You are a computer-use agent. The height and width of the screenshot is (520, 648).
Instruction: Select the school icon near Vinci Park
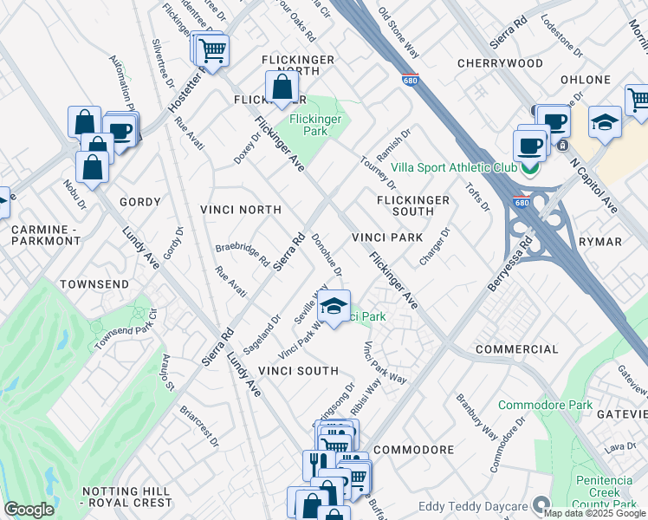coord(334,306)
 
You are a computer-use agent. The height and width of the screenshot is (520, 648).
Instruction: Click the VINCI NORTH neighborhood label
coord(240,210)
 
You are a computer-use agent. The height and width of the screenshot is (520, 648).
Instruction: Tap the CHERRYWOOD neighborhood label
coord(500,63)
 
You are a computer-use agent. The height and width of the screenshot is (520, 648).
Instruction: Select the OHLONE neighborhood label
coord(585,80)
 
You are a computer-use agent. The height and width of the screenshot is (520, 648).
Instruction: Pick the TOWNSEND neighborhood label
coord(94,284)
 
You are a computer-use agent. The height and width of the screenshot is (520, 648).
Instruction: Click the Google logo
coord(29,510)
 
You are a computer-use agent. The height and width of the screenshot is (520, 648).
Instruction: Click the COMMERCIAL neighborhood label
coord(516,349)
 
